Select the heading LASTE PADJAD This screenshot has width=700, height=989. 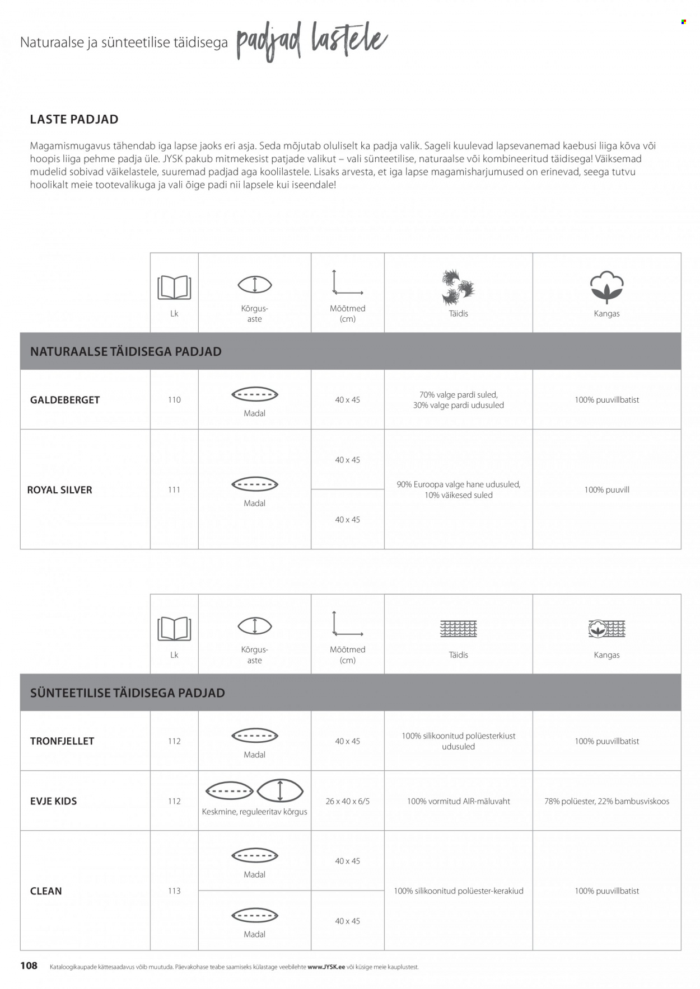tap(74, 119)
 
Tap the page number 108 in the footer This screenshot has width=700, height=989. tap(29, 965)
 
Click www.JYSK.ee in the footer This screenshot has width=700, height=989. tap(326, 967)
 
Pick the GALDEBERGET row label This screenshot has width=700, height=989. tap(65, 400)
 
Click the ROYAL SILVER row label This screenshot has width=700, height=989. tap(60, 490)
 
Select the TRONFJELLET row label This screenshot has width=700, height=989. tap(62, 741)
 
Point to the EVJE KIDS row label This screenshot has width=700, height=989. tap(53, 801)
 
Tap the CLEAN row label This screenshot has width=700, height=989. tap(46, 891)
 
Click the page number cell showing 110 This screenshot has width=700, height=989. tap(174, 400)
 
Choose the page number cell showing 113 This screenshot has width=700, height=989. tap(174, 891)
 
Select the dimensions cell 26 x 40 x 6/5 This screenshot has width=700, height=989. tap(347, 801)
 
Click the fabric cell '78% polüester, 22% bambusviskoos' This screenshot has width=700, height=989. tap(606, 801)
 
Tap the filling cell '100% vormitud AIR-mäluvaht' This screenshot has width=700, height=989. tap(458, 801)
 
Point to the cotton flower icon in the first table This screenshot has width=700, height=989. tap(606, 286)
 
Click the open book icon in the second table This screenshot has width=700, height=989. tap(174, 629)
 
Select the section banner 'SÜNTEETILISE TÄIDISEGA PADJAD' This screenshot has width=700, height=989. tap(128, 693)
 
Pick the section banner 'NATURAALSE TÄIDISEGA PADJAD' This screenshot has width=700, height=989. tap(126, 351)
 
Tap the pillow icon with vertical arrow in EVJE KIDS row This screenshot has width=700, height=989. tap(279, 790)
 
